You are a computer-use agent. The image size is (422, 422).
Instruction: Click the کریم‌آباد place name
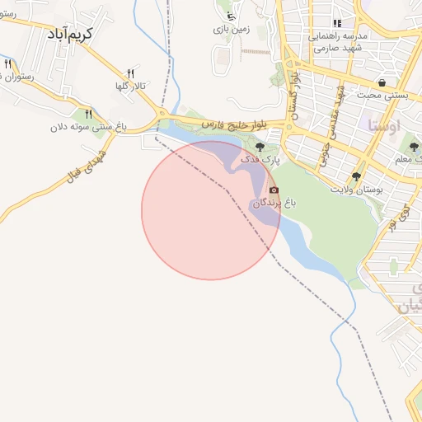pyautogui.click(x=69, y=34)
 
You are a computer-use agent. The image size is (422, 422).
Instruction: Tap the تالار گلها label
pyautogui.click(x=131, y=86)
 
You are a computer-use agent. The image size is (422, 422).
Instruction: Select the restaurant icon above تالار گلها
pyautogui.click(x=131, y=74)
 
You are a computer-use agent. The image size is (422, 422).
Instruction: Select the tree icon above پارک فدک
pyautogui.click(x=260, y=146)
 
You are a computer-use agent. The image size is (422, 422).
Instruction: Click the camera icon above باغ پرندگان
pyautogui.click(x=274, y=190)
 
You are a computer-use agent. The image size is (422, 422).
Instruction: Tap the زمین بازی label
pyautogui.click(x=232, y=29)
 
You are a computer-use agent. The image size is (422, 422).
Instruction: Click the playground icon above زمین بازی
pyautogui.click(x=230, y=16)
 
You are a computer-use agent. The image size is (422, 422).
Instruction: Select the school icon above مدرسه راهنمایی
pyautogui.click(x=336, y=24)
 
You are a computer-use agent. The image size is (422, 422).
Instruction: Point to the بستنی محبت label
pyautogui.click(x=382, y=95)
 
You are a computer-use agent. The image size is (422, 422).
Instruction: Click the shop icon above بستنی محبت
pyautogui.click(x=382, y=82)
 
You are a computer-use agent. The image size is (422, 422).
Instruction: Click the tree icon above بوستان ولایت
pyautogui.click(x=357, y=176)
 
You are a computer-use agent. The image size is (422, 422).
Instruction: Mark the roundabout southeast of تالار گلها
pyautogui.click(x=162, y=114)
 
